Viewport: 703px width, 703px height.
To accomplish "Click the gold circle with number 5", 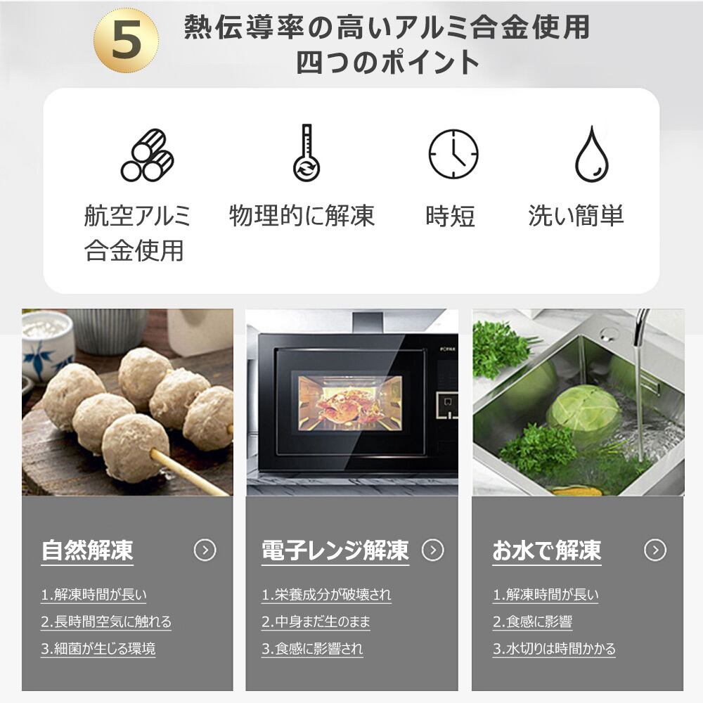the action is click(126, 40).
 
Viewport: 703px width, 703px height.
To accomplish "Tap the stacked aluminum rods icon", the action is click(148, 155).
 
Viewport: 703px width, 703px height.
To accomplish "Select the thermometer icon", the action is click(307, 153).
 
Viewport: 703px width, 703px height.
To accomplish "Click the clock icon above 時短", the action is click(453, 154).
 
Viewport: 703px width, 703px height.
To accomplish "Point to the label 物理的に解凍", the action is click(302, 216).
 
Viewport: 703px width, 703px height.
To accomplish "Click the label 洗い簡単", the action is click(576, 216).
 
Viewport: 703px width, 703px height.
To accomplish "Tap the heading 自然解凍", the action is click(87, 550).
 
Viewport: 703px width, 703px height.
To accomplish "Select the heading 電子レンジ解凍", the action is click(335, 550).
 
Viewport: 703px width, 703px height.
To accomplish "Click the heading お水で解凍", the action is click(546, 550).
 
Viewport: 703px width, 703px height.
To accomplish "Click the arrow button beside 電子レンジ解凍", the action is click(432, 550).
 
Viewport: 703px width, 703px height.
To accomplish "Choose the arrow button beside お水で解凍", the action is click(655, 550).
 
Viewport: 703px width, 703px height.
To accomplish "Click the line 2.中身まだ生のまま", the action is click(316, 622).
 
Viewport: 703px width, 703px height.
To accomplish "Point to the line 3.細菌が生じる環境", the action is click(98, 649).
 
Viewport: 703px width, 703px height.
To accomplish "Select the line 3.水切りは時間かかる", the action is click(554, 649).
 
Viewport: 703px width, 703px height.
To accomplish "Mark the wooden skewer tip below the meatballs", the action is click(226, 493).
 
